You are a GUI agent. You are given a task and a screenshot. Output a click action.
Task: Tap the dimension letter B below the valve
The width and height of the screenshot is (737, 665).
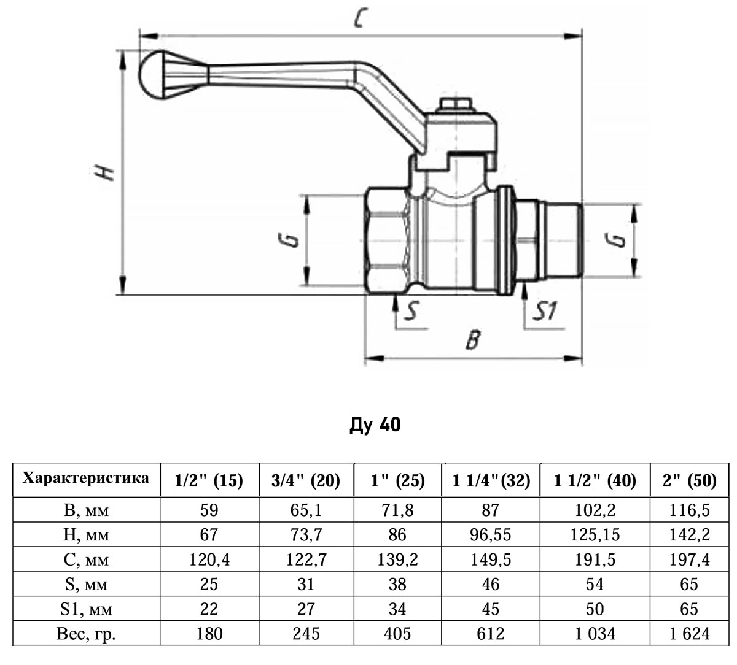pos(472,339)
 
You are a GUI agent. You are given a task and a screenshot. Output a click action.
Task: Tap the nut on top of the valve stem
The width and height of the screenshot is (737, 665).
pos(455,106)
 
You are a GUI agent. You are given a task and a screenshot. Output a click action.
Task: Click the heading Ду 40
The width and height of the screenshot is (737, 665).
pos(375,425)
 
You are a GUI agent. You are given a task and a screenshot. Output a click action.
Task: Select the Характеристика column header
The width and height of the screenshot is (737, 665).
pos(86,479)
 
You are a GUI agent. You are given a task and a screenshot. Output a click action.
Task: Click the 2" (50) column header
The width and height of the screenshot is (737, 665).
pos(689,480)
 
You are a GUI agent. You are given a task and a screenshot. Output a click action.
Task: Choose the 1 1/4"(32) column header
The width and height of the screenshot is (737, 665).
pos(491,480)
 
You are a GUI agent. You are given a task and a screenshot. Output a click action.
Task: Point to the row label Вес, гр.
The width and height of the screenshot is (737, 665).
pos(86,633)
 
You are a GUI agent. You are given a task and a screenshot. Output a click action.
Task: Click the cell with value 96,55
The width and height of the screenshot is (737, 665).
pos(491,535)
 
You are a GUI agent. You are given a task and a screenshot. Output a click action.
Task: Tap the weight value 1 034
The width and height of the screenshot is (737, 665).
pos(595,633)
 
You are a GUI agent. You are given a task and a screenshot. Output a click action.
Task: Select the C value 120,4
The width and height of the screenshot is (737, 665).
pos(209,559)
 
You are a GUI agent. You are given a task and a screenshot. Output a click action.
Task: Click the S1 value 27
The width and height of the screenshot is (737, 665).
pos(305,609)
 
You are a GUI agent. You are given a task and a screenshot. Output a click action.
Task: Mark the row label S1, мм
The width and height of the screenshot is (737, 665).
pos(86,609)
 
